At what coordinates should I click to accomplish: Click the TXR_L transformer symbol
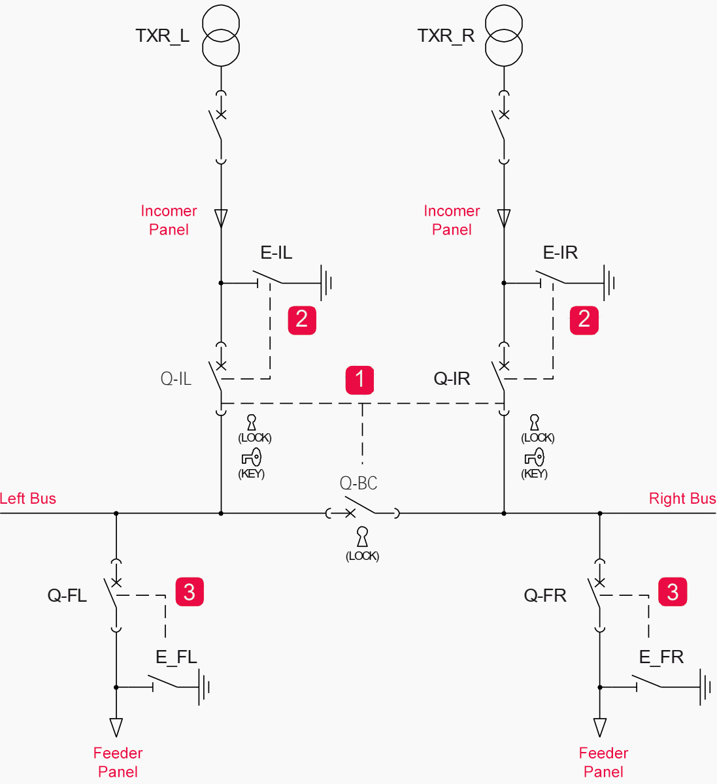(x=221, y=36)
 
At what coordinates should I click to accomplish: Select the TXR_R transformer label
(x=446, y=36)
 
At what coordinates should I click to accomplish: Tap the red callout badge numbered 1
(x=359, y=380)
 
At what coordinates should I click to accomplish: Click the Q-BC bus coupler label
(x=358, y=483)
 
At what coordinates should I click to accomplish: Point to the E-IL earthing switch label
(x=276, y=253)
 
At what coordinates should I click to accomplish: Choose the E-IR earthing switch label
(x=560, y=253)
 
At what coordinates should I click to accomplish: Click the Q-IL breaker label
(x=176, y=379)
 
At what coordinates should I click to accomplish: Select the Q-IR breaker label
(x=452, y=379)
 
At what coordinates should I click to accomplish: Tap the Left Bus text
(x=28, y=498)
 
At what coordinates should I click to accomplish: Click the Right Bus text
(x=682, y=498)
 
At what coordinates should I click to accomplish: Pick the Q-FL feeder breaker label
(x=67, y=596)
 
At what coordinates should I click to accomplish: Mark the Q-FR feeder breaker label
(x=545, y=596)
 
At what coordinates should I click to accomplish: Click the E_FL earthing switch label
(x=176, y=657)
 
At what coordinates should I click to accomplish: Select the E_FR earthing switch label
(x=661, y=657)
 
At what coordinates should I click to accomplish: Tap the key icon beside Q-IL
(x=252, y=457)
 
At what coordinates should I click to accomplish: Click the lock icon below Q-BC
(x=362, y=537)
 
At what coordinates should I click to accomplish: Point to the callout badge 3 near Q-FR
(x=673, y=592)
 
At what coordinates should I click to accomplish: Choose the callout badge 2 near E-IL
(x=302, y=319)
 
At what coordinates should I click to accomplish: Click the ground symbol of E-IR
(x=609, y=283)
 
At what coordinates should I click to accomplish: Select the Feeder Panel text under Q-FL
(x=118, y=762)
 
